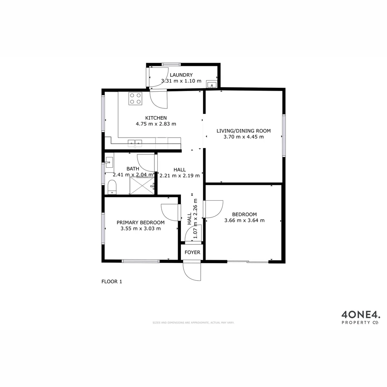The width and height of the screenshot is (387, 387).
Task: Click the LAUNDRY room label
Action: (181, 75)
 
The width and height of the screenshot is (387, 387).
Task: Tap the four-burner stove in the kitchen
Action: (135, 99)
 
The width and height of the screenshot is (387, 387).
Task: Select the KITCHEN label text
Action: (156, 118)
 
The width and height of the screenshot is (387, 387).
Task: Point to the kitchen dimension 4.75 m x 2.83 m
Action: (156, 124)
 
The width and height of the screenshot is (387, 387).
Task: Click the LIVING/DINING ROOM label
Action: (244, 131)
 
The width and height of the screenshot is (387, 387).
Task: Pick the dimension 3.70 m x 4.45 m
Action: (244, 137)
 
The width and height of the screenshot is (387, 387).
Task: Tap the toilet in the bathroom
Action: (112, 187)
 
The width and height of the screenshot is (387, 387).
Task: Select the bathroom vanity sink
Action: (109, 162)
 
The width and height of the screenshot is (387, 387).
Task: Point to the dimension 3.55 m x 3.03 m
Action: (140, 229)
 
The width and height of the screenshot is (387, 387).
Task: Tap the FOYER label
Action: (192, 253)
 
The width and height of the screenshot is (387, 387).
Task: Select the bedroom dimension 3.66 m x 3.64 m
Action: (244, 220)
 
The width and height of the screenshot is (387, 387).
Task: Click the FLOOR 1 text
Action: (112, 282)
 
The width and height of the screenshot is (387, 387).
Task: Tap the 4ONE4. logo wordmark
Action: (360, 315)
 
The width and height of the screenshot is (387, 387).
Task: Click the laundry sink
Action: (212, 85)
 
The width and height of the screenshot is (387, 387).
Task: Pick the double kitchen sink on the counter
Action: (135, 143)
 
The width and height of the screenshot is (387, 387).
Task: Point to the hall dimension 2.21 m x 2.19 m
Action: (180, 176)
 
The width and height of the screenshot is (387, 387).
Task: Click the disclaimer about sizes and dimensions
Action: (193, 322)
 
